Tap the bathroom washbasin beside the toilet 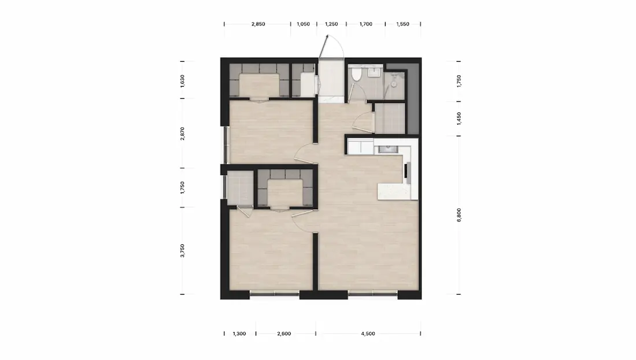(x=374, y=73)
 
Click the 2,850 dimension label (x=258, y=24)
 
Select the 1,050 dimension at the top (x=303, y=24)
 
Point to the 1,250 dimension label (x=331, y=24)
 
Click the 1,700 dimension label (x=365, y=24)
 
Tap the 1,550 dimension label (x=402, y=24)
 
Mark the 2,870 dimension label (x=182, y=133)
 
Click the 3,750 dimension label (x=182, y=251)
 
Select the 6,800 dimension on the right (x=458, y=215)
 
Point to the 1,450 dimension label (x=458, y=118)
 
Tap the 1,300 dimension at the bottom (x=239, y=333)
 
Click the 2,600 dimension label (x=284, y=333)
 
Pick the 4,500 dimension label (x=368, y=333)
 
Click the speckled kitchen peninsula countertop (x=394, y=191)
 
